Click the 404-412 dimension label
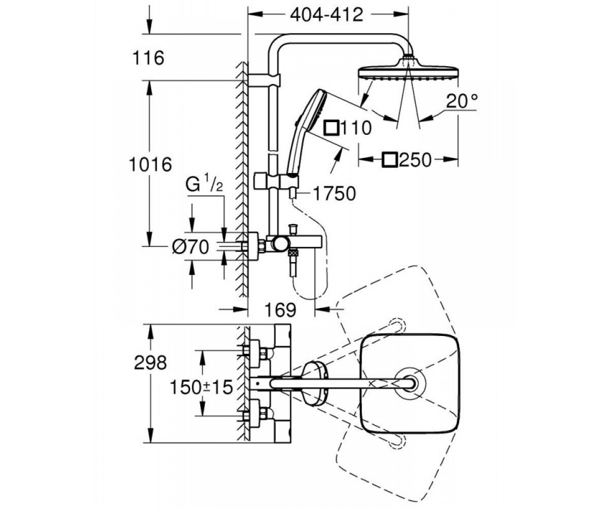coord(326,15)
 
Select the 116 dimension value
coord(148,58)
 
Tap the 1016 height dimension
coord(150,164)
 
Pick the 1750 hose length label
coord(335,193)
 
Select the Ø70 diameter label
coord(190,246)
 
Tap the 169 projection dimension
coord(281,310)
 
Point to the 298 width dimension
coord(150,363)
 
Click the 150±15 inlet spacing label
coord(201,387)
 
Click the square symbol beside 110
coord(331,128)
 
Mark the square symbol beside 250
coord(390,160)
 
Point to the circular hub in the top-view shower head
coord(409,383)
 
